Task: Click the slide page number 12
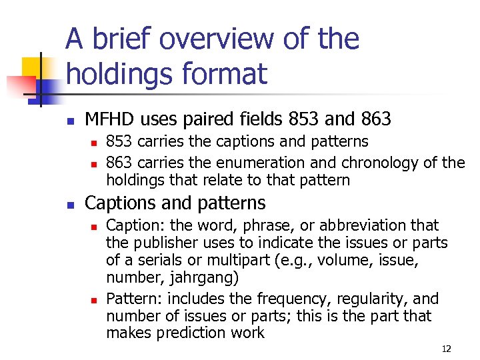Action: click(446, 349)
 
